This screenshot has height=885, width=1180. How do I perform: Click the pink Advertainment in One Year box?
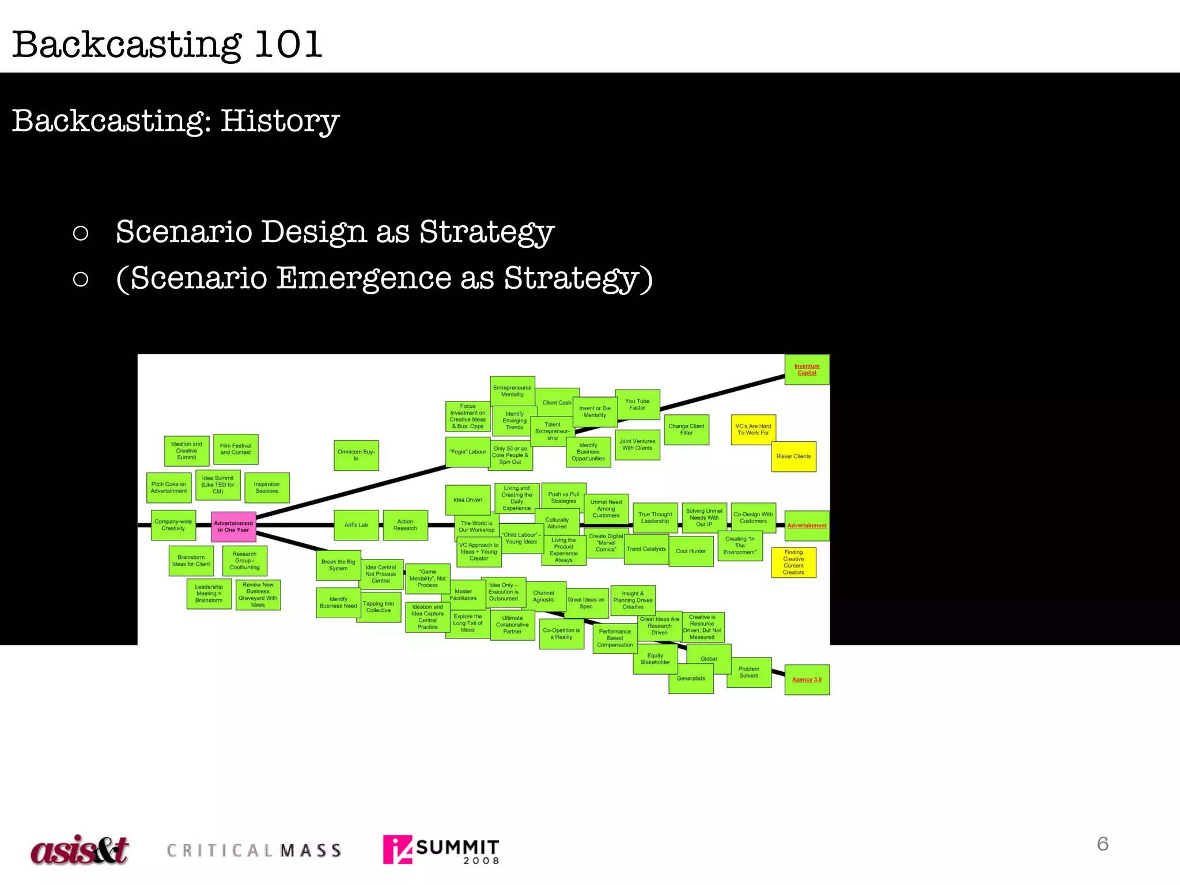coord(233,527)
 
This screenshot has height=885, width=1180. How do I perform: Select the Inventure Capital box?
coord(807,369)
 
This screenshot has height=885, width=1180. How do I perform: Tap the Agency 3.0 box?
coord(807,680)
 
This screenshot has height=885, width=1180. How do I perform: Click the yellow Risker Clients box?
coord(793,456)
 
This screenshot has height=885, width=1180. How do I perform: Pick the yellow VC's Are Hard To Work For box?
coord(753,430)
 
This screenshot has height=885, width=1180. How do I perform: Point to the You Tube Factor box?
coord(637,404)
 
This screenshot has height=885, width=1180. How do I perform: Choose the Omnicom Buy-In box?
coord(356,455)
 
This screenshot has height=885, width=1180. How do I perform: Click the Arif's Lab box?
coord(356,525)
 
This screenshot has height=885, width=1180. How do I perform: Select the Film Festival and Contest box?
coord(236,449)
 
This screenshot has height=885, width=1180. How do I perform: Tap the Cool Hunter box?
coord(691,551)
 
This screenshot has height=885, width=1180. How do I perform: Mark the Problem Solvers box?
coord(748,672)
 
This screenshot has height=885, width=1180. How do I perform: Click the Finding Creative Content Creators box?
coord(793,562)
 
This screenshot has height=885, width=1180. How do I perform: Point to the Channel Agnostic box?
coord(544,596)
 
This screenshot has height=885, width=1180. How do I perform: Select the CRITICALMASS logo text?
coord(254,851)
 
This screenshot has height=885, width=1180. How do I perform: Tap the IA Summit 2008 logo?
coord(441,850)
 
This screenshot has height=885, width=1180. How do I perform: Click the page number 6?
coord(1103,844)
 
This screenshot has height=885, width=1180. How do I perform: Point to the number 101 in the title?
coord(288,44)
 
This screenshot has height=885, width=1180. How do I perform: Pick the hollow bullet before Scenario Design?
coord(81,233)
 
